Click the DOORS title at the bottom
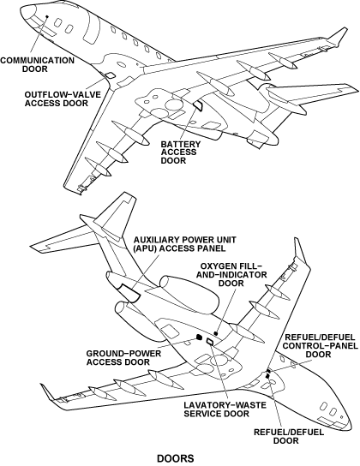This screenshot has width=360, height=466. pyautogui.click(x=176, y=458)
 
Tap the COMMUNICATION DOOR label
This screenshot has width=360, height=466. pyautogui.click(x=37, y=64)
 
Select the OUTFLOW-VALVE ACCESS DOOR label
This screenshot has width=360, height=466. pyautogui.click(x=63, y=99)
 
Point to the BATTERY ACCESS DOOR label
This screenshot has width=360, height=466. pyautogui.click(x=181, y=152)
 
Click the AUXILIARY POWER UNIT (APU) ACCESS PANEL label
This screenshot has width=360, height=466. pyautogui.click(x=185, y=243)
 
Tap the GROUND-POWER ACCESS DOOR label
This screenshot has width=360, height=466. pyautogui.click(x=123, y=358)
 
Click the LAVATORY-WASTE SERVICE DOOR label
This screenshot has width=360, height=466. pyautogui.click(x=225, y=409)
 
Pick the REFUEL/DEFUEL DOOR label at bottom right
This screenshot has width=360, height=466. pyautogui.click(x=289, y=436)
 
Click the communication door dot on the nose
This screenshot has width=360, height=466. pyautogui.click(x=46, y=16)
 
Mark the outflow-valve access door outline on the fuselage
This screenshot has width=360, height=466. pyautogui.click(x=110, y=75)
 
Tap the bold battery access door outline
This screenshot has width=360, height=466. pyautogui.click(x=198, y=105)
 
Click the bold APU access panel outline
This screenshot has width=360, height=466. pyautogui.click(x=129, y=292)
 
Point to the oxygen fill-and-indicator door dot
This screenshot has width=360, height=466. pyautogui.click(x=216, y=333)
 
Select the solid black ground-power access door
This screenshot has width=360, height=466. pyautogui.click(x=199, y=337)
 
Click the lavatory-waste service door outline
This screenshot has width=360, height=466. pyautogui.click(x=210, y=342)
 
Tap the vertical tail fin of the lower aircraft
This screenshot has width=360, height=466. pyautogui.click(x=117, y=214)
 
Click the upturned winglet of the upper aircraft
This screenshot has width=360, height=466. pyautogui.click(x=338, y=36)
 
